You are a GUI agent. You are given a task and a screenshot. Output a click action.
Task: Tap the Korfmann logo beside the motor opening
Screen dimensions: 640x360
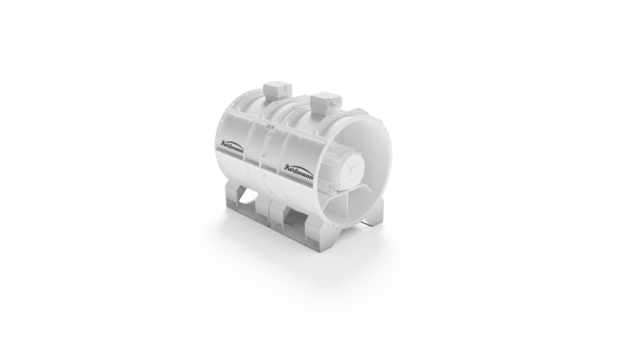click(x=299, y=171)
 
